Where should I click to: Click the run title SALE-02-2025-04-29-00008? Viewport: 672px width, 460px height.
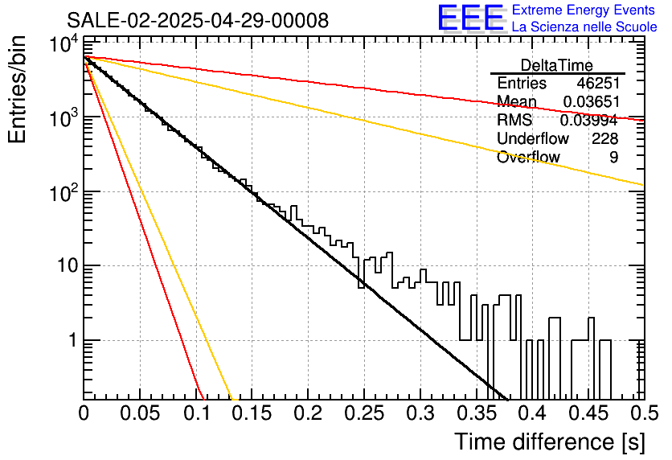point(198,20)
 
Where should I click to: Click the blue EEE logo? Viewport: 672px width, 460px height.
point(470,18)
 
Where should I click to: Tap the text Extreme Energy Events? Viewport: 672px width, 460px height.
point(584,10)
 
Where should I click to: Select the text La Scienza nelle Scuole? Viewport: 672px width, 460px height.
point(584,27)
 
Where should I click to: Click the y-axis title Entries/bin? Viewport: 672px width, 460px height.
point(17,89)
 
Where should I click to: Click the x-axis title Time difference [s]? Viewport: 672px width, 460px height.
point(550,442)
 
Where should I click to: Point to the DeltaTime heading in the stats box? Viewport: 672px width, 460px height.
point(557,65)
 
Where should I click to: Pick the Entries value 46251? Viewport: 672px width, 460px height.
point(598,83)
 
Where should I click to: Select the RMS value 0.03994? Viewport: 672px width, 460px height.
point(589,121)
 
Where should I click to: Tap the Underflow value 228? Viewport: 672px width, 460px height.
point(605,138)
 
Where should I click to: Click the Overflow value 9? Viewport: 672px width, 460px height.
point(614,158)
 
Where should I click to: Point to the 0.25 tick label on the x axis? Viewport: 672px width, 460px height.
point(364,413)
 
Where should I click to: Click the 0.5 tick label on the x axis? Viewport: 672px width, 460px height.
point(644,413)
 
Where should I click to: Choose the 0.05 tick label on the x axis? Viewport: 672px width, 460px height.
point(140,413)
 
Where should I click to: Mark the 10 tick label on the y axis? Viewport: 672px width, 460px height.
point(68,266)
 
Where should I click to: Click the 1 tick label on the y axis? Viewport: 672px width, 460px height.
point(73,340)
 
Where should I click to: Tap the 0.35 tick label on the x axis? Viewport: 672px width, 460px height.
point(477,413)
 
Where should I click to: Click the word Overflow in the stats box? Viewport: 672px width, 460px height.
point(528,158)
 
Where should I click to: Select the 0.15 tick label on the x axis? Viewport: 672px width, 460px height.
point(252,413)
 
